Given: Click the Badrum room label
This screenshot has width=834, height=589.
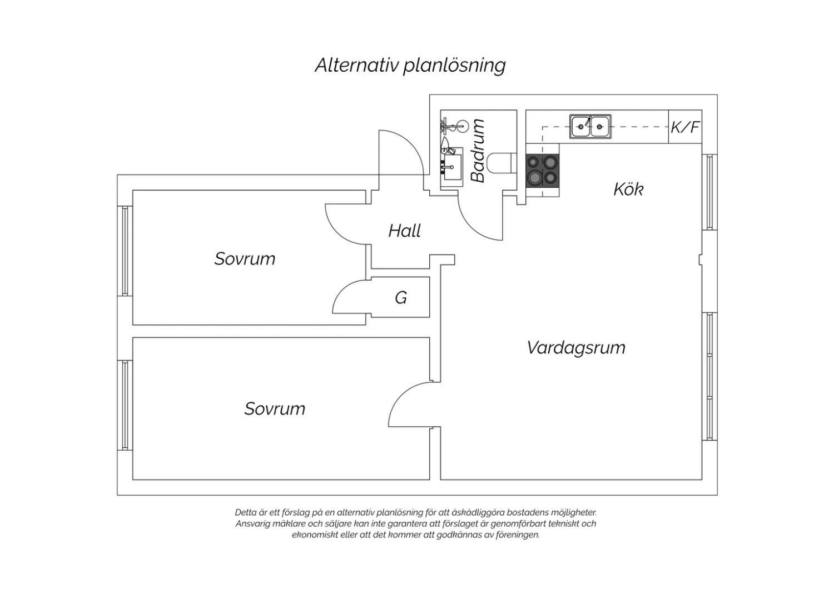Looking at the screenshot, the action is click(478, 151).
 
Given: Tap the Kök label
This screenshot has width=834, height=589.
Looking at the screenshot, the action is click(628, 189).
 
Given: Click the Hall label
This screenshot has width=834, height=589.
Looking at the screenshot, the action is click(405, 231).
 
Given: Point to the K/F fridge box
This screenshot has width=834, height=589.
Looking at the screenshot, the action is click(685, 127).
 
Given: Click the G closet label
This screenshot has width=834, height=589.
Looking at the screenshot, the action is click(401, 298).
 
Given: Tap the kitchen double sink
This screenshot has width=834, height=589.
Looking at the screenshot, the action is click(590, 127).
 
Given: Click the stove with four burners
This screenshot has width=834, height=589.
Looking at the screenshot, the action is click(543, 171).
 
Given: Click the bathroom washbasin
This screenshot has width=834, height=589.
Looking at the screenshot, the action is click(453, 167).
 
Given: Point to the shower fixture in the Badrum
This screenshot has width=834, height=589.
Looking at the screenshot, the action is click(454, 126).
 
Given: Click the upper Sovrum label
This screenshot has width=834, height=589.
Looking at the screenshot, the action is click(245, 258).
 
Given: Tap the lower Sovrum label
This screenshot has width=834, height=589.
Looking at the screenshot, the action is click(275, 408).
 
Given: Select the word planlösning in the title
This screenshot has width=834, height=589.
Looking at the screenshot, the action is click(455, 66).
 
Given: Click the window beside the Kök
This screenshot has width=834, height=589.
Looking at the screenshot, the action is click(709, 192).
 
